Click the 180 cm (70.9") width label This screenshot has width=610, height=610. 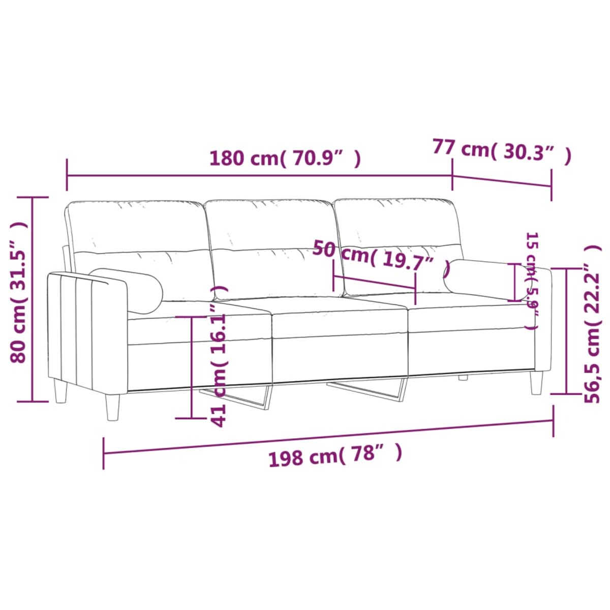point(285,159)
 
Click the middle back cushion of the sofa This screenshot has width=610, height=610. point(272,249)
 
